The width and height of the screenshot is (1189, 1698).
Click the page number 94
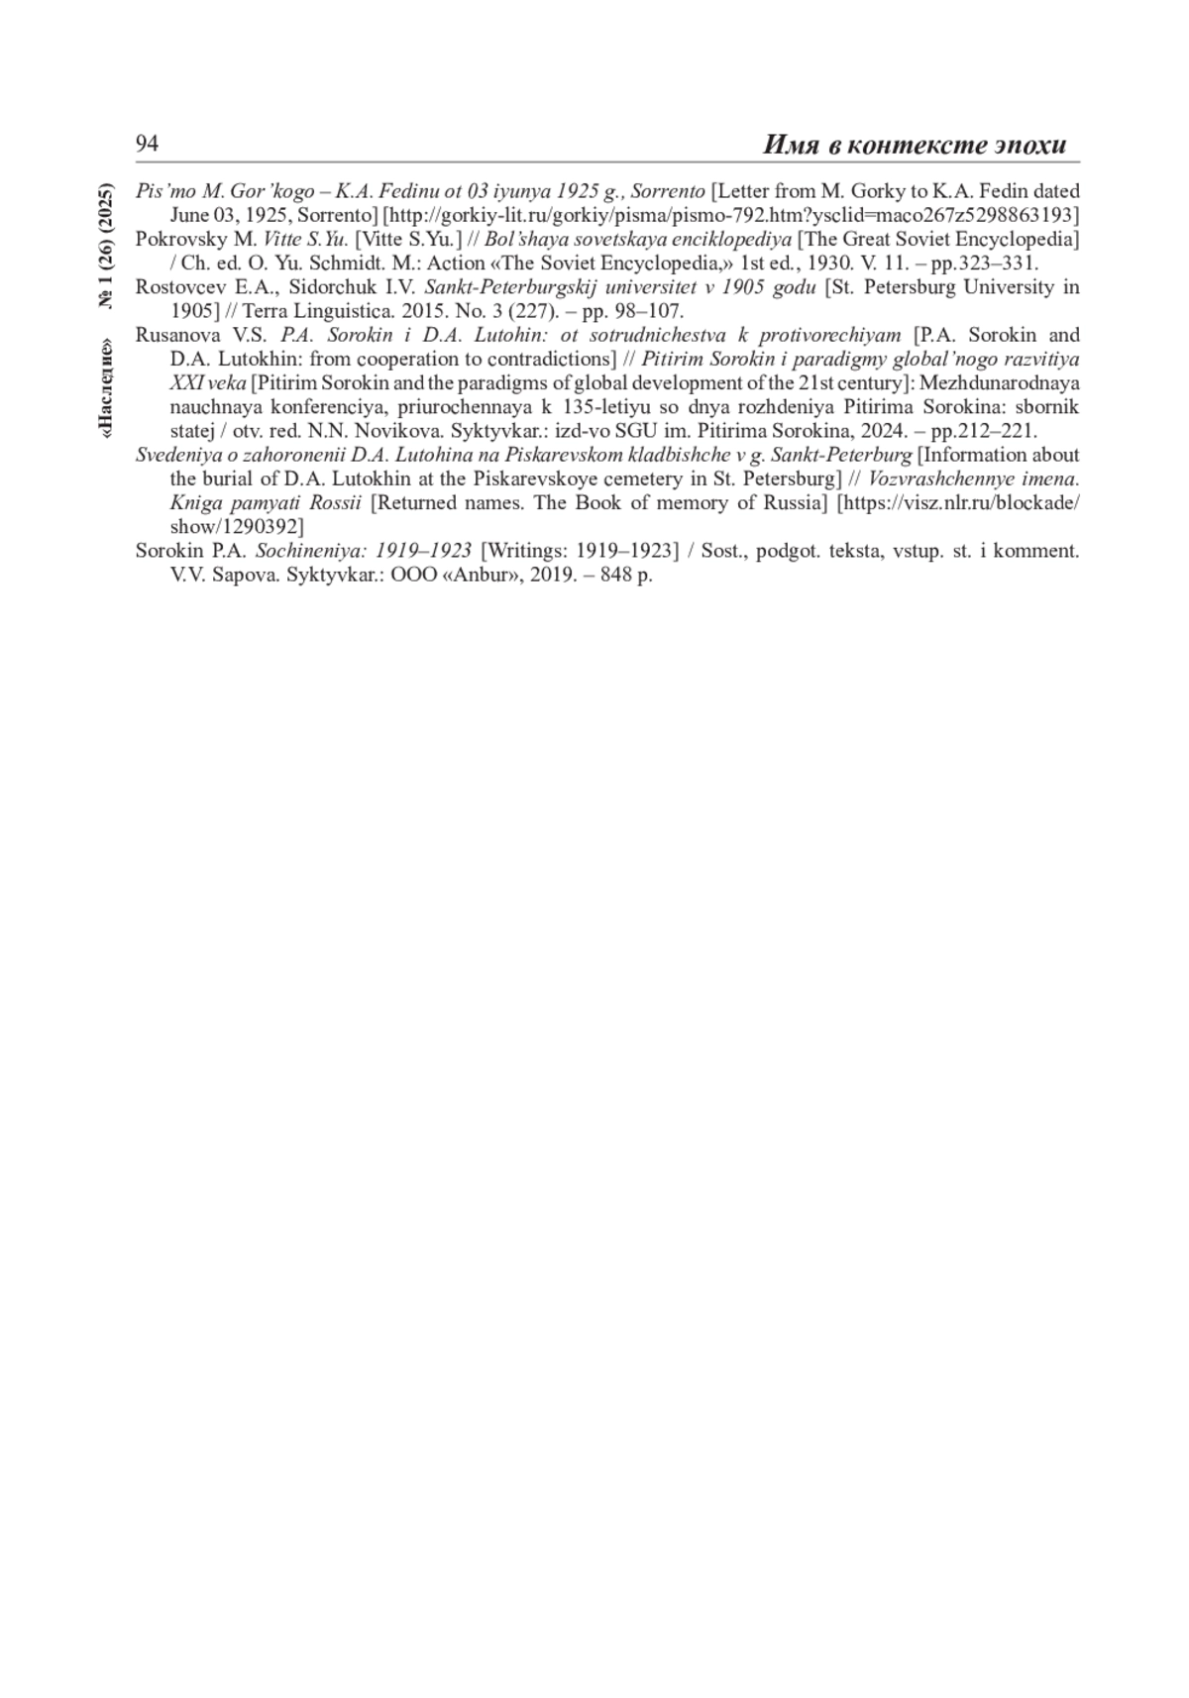[147, 145]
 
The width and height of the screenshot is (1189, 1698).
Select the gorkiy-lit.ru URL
[731, 215]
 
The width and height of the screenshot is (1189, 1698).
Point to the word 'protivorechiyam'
[830, 335]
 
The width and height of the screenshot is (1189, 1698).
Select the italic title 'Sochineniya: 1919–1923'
[364, 551]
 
